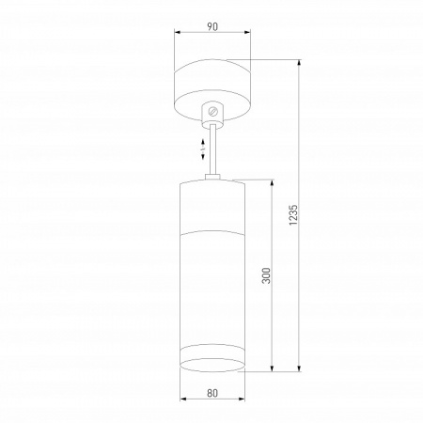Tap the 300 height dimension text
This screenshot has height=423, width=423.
click(x=266, y=274)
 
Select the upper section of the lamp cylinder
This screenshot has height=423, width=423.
click(x=213, y=202)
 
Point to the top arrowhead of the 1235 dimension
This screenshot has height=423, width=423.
click(x=300, y=63)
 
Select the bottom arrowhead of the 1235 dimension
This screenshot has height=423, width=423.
click(x=300, y=370)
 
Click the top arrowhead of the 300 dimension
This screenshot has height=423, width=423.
click(x=272, y=180)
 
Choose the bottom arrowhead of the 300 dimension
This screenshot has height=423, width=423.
click(x=272, y=370)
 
